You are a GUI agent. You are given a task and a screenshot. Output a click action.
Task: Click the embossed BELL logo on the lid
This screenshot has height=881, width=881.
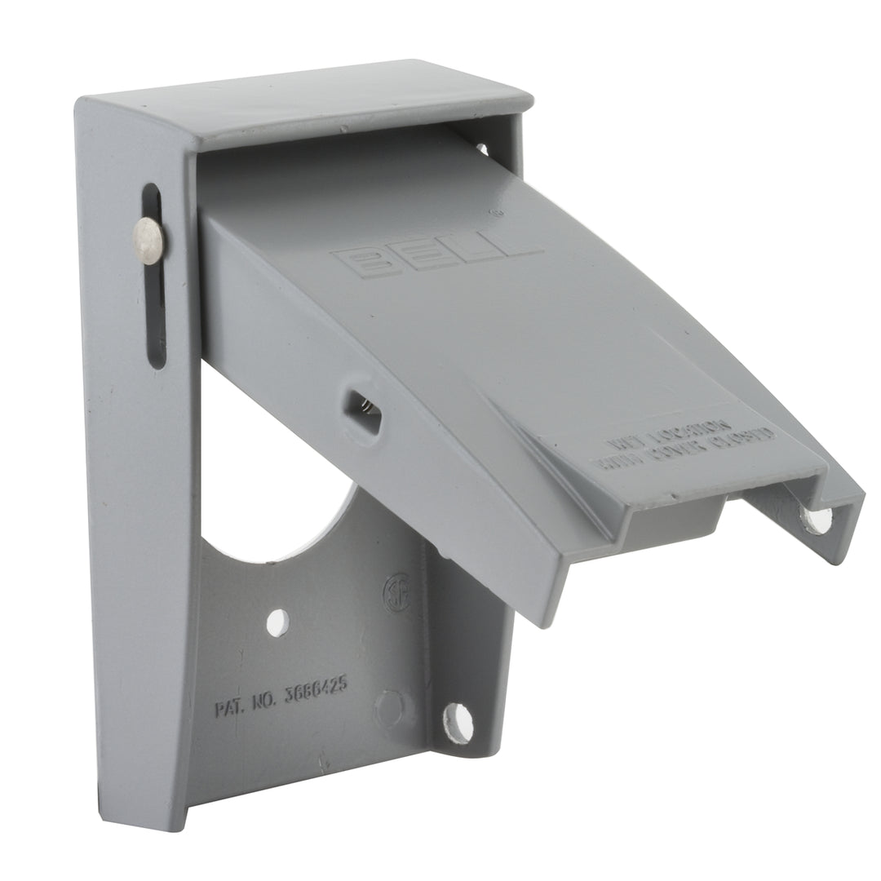436,250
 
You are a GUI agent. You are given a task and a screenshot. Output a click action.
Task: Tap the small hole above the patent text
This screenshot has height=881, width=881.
277,622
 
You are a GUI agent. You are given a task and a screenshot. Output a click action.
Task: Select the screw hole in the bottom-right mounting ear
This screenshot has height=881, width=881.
458,723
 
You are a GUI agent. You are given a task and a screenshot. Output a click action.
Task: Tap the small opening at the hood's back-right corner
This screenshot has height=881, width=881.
483,148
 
